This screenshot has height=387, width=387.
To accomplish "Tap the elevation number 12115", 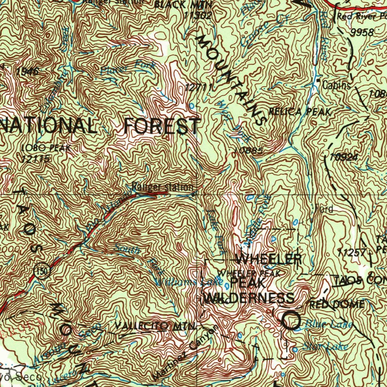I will [x=36, y=159].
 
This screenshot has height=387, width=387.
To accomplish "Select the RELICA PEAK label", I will [x=300, y=112].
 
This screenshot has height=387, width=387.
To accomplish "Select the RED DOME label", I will [x=337, y=305].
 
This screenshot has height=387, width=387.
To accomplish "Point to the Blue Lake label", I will [x=328, y=324].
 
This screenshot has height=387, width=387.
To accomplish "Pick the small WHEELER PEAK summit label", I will [x=248, y=273].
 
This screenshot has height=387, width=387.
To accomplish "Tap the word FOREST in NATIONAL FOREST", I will [x=162, y=126].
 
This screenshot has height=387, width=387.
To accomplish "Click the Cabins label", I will [x=336, y=85].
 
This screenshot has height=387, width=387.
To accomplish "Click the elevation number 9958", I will [x=362, y=33].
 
